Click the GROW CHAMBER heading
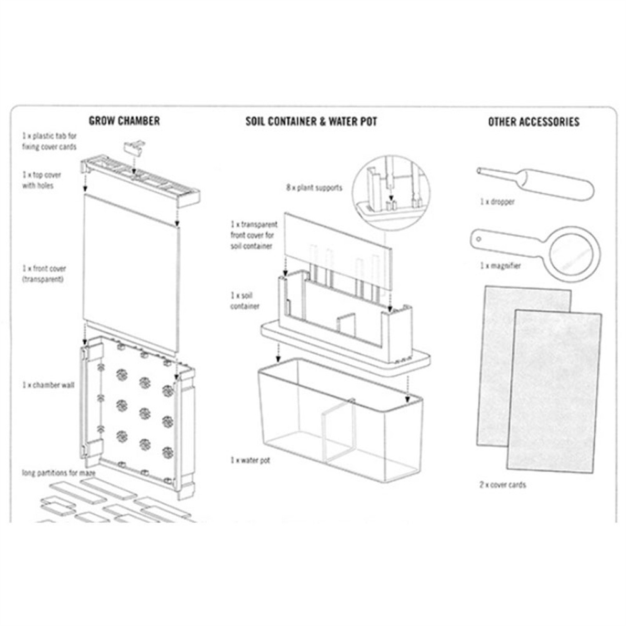(124, 121)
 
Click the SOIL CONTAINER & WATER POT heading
(311, 121)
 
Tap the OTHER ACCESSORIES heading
(534, 121)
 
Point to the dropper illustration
(535, 184)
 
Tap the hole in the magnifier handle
(479, 239)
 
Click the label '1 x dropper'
(497, 202)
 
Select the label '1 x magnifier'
(500, 266)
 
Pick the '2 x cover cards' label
(503, 485)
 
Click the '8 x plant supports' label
(314, 187)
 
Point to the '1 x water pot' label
(250, 460)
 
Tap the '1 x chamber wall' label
(48, 385)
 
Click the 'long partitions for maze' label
(59, 473)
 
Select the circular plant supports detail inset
(391, 193)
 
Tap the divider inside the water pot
(338, 431)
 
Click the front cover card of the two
(554, 391)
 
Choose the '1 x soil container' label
(245, 301)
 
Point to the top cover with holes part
(140, 182)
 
